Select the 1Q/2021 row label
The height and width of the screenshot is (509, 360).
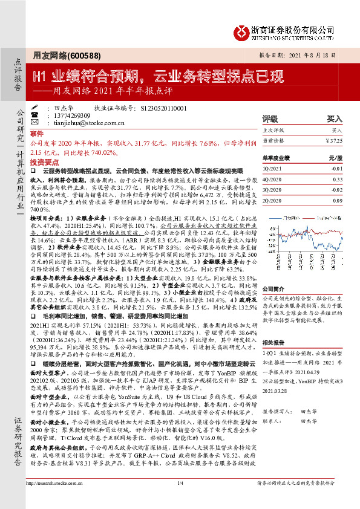[x=272, y=169]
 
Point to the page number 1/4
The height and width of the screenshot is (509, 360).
[x=180, y=501]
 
